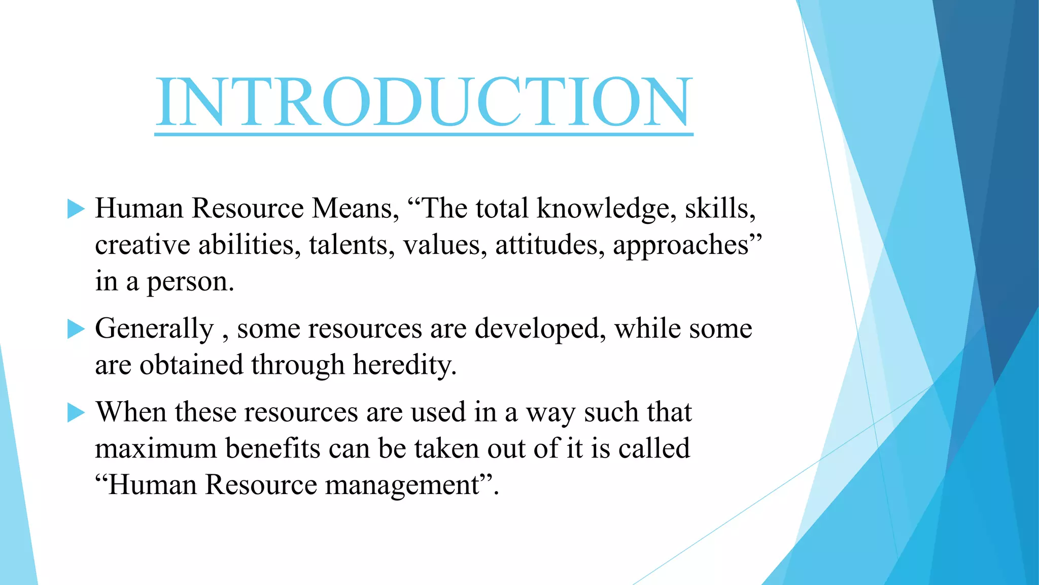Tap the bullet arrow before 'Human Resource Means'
76,209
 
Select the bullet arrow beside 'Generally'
76,329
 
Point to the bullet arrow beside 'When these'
76,412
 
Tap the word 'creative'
142,245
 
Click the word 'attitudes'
549,245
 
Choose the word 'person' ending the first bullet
189,282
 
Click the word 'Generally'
154,329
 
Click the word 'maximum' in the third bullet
156,449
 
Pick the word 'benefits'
272,449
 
